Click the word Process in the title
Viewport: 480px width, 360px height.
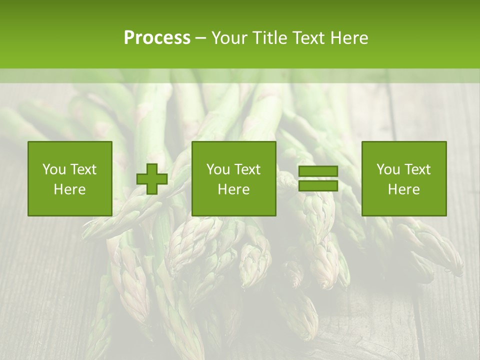tap(157, 38)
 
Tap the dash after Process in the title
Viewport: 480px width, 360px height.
tap(201, 38)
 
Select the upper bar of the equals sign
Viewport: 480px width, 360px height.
tap(318, 171)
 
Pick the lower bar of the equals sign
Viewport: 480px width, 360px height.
tap(318, 185)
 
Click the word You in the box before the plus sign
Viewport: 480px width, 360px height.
tap(54, 169)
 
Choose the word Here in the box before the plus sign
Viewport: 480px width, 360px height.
tap(69, 189)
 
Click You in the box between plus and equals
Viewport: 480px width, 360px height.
tap(218, 169)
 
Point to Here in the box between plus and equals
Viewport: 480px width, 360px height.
tap(233, 189)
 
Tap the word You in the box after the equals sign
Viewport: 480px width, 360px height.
tap(388, 169)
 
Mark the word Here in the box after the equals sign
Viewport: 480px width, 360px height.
tap(403, 189)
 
